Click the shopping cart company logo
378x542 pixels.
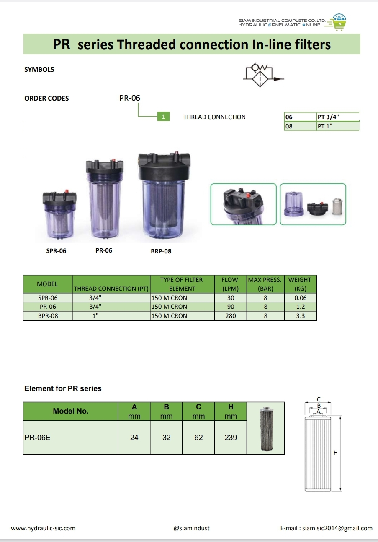[339, 23]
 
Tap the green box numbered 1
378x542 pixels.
[163, 117]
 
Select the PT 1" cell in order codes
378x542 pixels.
[337, 126]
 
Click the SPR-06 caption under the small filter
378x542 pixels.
[56, 251]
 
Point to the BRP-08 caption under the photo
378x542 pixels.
[161, 251]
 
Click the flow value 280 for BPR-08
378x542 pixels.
[231, 316]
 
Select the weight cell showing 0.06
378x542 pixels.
[300, 298]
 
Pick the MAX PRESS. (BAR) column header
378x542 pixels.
[265, 284]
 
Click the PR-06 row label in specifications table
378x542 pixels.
[47, 307]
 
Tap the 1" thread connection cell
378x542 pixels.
[95, 316]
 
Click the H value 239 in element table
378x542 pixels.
[231, 438]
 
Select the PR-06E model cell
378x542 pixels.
[38, 438]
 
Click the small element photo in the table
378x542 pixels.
[265, 428]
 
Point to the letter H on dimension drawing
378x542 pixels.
[335, 453]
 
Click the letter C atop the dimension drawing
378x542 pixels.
[319, 399]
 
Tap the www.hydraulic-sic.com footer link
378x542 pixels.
[43, 528]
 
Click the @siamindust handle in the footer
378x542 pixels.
[191, 528]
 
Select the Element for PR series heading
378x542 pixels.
[63, 388]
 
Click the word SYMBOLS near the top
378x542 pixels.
[39, 70]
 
